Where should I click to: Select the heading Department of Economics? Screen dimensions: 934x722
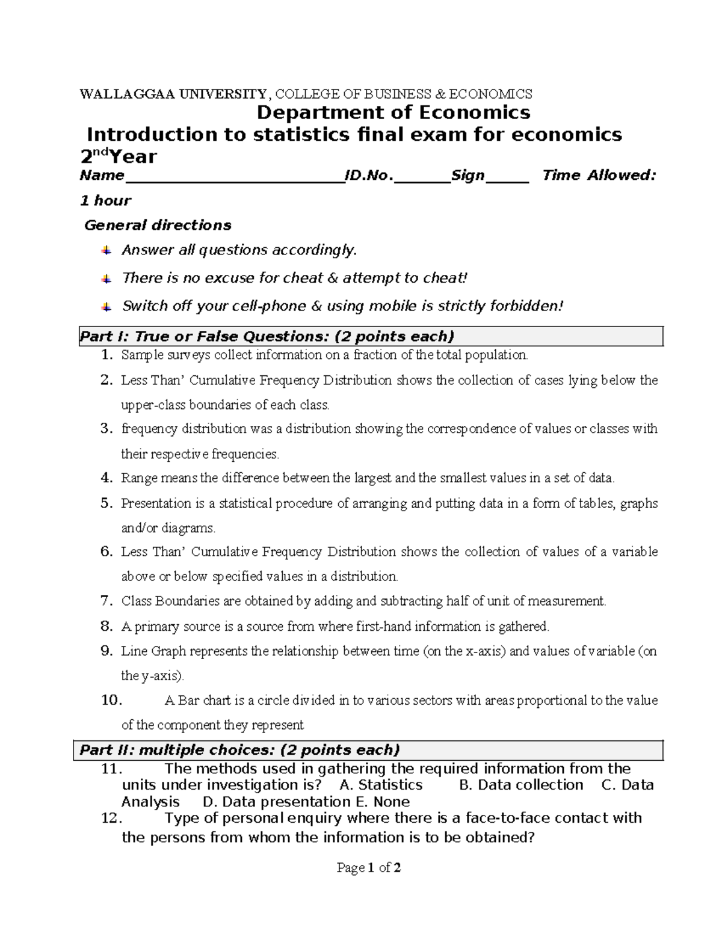(393, 112)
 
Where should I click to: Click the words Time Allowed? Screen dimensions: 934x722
(599, 176)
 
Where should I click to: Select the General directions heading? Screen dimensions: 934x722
(158, 226)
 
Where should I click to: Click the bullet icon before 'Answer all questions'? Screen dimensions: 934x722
(106, 250)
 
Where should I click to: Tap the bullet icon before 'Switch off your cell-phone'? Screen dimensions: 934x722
(106, 307)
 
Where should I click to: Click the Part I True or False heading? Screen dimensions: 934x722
(267, 336)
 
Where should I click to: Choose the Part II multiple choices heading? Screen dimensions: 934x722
(240, 750)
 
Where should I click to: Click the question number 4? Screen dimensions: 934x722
(106, 479)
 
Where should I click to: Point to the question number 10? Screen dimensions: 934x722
(112, 701)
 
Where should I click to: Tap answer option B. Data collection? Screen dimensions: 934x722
(521, 785)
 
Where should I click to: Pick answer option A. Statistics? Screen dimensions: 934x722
(381, 785)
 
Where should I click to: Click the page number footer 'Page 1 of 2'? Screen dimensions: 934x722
(369, 868)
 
